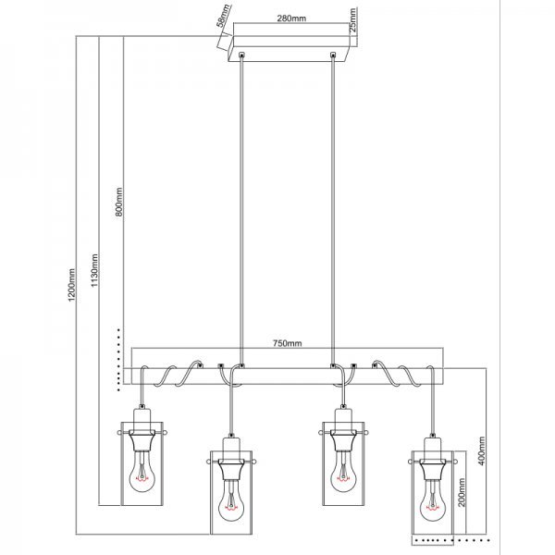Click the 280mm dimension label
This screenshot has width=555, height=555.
tap(291, 18)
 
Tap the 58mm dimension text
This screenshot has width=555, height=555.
tap(223, 16)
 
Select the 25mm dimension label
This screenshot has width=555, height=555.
tap(353, 20)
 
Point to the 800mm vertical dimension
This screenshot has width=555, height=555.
tap(119, 202)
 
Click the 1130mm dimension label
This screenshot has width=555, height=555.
tap(94, 270)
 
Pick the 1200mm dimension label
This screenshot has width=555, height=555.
tap(72, 285)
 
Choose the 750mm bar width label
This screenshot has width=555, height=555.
tap(287, 343)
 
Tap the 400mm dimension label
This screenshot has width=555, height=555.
tap(481, 450)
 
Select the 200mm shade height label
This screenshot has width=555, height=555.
tap(462, 492)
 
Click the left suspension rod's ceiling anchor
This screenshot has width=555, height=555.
tap(241, 55)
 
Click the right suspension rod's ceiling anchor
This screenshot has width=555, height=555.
tap(332, 55)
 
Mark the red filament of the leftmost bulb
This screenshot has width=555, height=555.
tap(142, 480)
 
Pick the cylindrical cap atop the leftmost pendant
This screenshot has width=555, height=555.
tap(142, 419)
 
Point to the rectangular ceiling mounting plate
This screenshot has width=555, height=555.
tap(290, 49)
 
